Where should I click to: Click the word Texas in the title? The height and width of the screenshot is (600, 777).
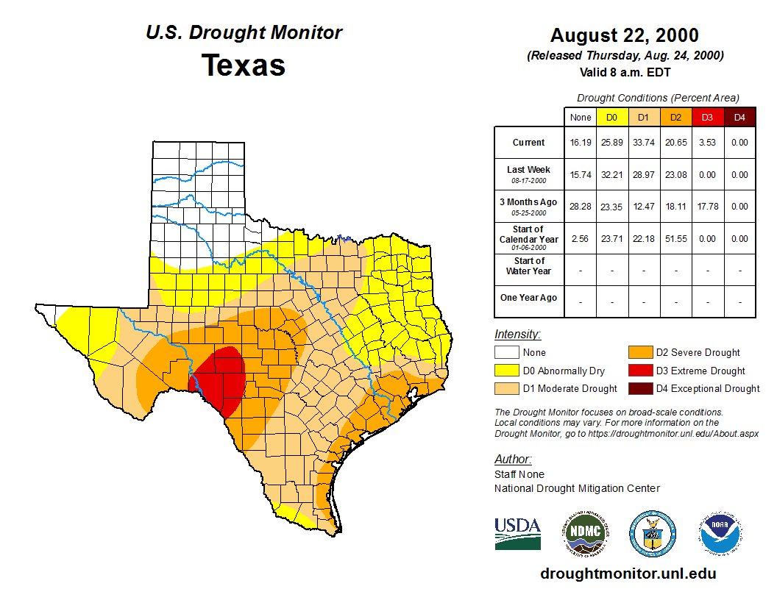244,65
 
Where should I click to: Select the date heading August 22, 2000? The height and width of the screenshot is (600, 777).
625,35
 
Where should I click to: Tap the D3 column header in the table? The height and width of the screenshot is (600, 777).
707,117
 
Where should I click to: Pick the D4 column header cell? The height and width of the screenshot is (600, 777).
739,117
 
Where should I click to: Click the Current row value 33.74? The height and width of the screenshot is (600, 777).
643,143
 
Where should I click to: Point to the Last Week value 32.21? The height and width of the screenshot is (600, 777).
611,175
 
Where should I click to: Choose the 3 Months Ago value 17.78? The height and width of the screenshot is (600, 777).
707,207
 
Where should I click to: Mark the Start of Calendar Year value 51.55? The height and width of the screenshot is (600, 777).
675,239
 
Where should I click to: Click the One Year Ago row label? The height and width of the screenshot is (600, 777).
529,298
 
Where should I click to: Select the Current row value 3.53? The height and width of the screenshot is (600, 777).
707,143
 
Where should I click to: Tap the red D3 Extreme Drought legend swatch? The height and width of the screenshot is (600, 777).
639,371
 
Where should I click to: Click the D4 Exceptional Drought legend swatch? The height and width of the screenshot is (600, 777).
639,388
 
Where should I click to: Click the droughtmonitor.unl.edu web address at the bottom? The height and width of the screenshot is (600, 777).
628,574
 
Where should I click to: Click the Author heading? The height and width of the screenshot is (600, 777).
512,460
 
